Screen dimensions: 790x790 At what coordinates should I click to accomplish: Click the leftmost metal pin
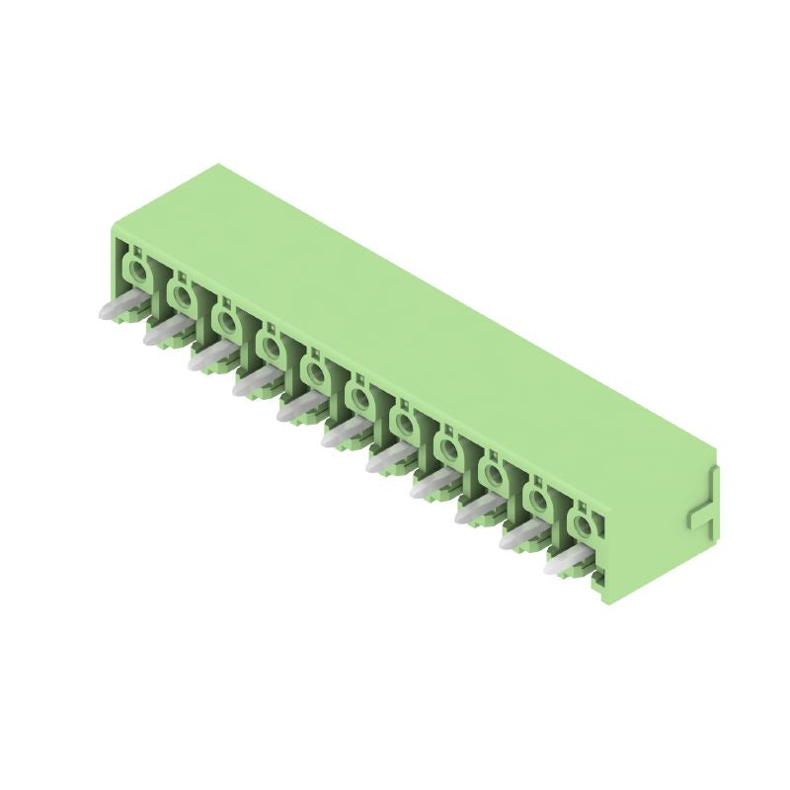(x=118, y=310)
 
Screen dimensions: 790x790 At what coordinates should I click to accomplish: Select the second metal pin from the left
(x=164, y=333)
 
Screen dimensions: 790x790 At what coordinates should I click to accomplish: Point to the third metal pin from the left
(x=208, y=357)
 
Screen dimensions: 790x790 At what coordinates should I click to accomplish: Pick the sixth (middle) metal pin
(x=343, y=432)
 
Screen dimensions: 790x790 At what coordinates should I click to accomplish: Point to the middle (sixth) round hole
(x=361, y=397)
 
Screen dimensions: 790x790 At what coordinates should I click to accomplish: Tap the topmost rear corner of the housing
(x=218, y=165)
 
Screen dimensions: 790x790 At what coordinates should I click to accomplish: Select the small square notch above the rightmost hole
(x=585, y=504)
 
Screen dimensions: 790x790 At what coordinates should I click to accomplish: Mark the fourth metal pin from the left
(x=253, y=382)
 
